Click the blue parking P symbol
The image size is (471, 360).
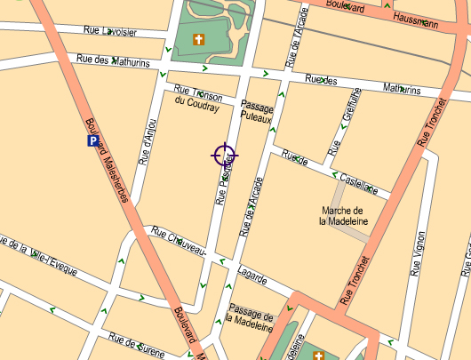[92, 140]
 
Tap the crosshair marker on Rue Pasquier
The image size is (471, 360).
[224, 156]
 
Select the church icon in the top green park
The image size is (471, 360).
[199, 39]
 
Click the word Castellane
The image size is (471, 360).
[361, 181]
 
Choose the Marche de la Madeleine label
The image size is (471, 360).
[346, 216]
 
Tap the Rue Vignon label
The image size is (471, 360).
[417, 256]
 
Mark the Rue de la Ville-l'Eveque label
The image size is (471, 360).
[39, 254]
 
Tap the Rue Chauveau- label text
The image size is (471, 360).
[180, 243]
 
